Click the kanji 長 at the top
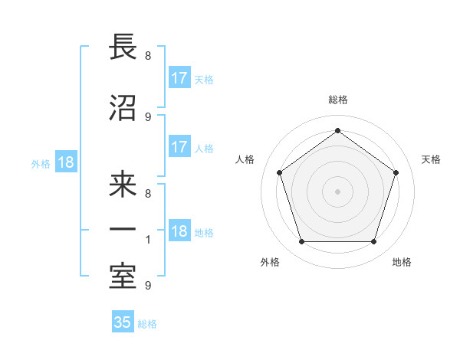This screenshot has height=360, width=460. tap(123, 47)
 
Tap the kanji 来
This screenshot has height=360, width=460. tap(123, 185)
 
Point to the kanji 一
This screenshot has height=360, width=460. tap(123, 230)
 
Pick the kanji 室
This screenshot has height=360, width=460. tap(123, 275)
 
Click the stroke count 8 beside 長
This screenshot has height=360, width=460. tap(147, 56)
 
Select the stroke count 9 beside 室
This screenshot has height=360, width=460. tap(147, 286)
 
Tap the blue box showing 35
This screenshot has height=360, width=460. tap(123, 322)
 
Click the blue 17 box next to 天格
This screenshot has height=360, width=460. tap(179, 78)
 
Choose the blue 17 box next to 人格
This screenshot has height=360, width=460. tap(179, 148)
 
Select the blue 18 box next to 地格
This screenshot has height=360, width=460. tap(179, 232)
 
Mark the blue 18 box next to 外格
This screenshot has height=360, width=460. tap(65, 163)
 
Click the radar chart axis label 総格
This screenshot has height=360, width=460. tap(338, 100)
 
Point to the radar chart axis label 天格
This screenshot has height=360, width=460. tap(432, 159)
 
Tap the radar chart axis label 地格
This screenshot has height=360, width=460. tap(402, 262)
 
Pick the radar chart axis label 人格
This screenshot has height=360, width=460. tap(245, 159)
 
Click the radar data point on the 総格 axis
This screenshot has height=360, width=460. tap(338, 130)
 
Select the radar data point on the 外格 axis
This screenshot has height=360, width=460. tap(301, 242)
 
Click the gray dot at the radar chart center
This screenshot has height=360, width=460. tap(338, 191)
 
